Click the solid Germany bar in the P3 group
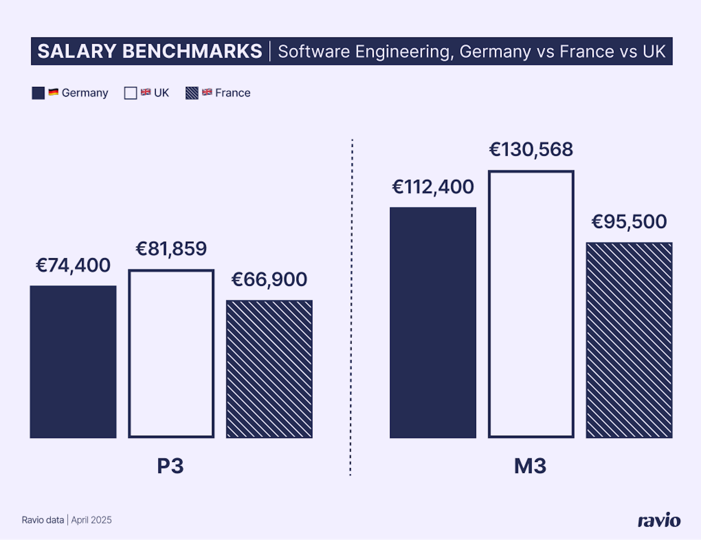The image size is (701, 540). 73,362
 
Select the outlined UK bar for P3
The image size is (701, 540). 171,354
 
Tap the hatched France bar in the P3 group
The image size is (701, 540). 269,369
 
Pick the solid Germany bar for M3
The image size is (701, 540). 433,323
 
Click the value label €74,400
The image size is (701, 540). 73,265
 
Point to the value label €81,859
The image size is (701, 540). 171,249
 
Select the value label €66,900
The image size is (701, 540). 269,279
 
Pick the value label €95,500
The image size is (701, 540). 629,222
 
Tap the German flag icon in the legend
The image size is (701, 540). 53,92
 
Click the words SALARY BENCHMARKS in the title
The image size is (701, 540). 150,51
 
